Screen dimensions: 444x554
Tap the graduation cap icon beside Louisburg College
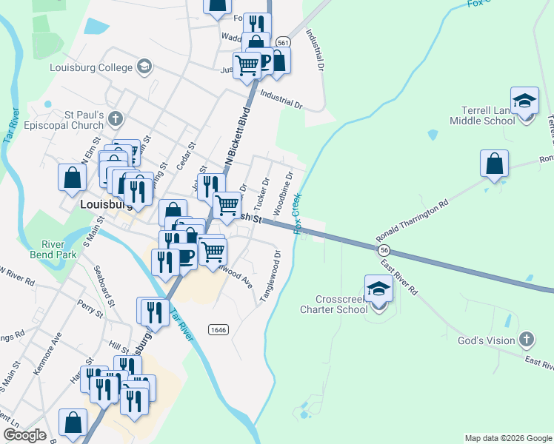pos(144,67)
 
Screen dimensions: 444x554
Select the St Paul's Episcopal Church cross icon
pos(115,118)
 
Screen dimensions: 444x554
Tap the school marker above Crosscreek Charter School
pos(378,289)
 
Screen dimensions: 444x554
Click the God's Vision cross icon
pos(527,340)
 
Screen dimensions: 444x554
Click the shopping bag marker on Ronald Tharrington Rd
pos(494,164)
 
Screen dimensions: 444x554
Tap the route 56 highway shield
pos(385,251)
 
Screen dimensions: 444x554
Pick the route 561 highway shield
pos(282,43)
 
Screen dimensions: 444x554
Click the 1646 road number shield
pos(218,329)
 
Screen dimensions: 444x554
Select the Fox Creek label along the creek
pos(298,214)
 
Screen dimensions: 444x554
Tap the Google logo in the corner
pos(25,435)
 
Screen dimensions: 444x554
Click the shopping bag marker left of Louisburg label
pos(72,178)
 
